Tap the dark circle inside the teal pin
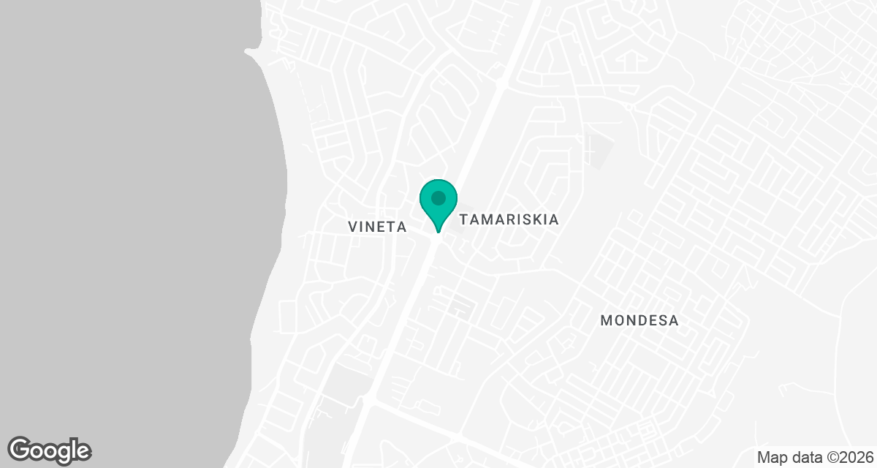click(x=438, y=197)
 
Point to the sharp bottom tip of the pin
click(x=438, y=233)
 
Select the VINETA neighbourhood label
click(x=378, y=227)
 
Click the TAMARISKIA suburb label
click(x=509, y=219)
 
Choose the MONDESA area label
click(x=639, y=320)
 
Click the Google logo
click(x=50, y=450)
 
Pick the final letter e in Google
click(x=82, y=451)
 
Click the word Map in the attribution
click(x=772, y=457)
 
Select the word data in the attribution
click(x=806, y=457)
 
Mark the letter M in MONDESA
click(x=606, y=320)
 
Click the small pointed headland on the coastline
click(x=249, y=51)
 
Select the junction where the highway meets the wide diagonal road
click(x=370, y=401)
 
